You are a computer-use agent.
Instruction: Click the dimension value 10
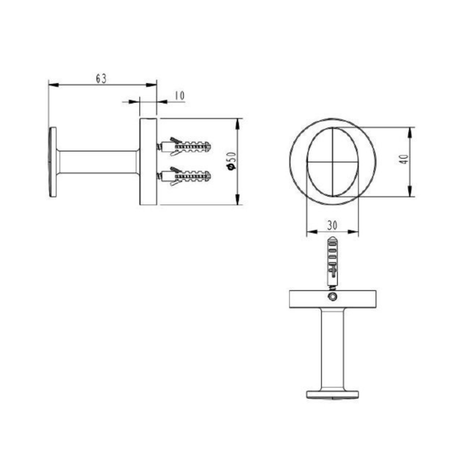pos(179,95)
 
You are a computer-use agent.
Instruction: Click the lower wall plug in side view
pos(186,175)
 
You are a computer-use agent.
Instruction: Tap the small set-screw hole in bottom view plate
pos(332,297)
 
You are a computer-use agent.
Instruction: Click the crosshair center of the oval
pos(332,160)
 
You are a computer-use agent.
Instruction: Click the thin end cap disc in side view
pos(53,161)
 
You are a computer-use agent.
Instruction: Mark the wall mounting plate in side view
pos(148,161)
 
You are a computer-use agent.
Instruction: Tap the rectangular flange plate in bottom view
pos(332,300)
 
